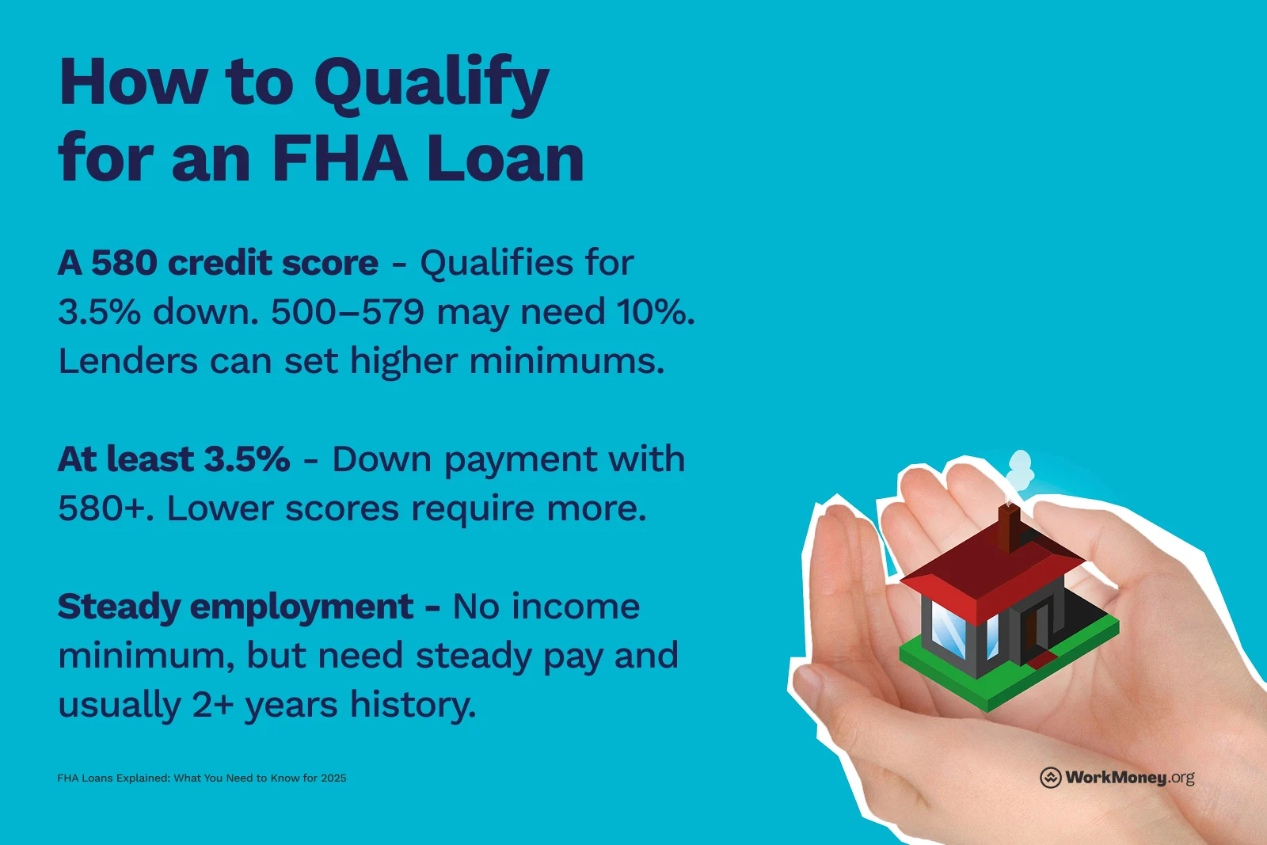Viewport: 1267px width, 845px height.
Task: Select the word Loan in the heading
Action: coord(505,159)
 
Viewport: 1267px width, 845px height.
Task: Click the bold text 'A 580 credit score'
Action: coord(218,263)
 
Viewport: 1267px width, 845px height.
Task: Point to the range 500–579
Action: coord(348,312)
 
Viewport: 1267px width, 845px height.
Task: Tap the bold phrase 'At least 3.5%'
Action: coord(173,459)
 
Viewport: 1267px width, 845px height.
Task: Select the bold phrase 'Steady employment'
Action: coord(235,607)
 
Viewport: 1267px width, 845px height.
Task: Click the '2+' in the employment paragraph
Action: coord(213,705)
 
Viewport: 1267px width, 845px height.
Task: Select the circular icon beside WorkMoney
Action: coord(1050,778)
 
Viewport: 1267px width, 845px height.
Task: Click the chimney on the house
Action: coord(1008,526)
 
